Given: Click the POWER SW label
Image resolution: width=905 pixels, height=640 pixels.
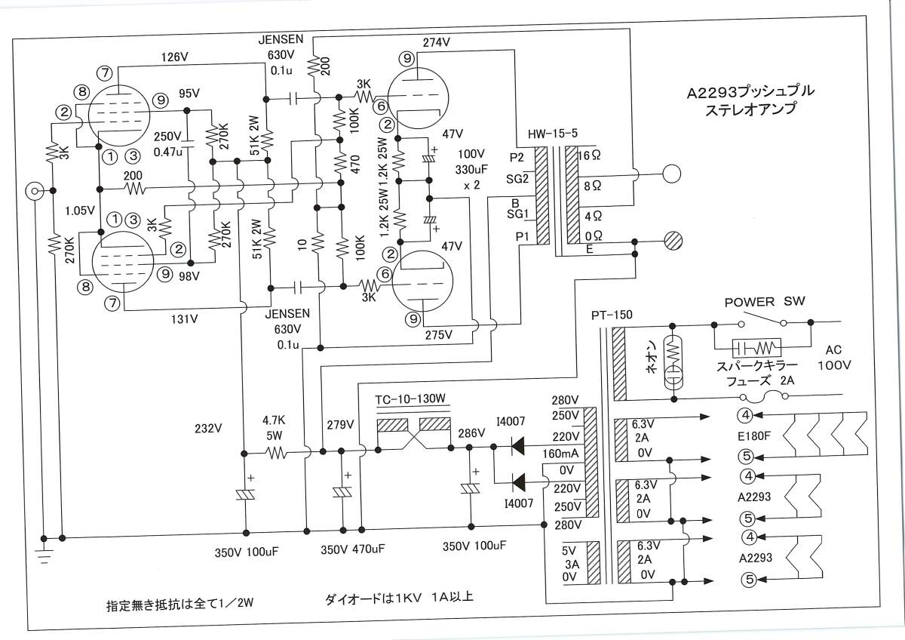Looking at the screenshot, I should click(x=765, y=301).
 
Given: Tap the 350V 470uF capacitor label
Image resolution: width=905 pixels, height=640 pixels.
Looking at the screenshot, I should click(x=351, y=549).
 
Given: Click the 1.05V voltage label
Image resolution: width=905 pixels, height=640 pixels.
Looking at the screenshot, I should click(x=80, y=211).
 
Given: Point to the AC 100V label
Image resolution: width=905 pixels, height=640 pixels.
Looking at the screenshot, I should click(x=833, y=357).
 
